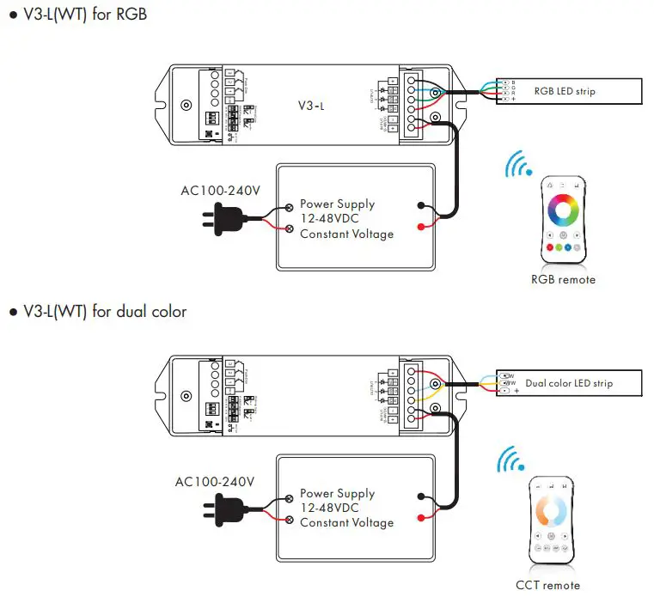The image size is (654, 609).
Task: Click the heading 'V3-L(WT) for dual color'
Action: point(103,311)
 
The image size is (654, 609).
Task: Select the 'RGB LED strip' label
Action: point(564,90)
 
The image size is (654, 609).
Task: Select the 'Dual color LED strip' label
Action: point(568,383)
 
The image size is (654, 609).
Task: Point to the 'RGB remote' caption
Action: point(563,280)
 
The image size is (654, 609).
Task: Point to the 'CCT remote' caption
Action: point(547,585)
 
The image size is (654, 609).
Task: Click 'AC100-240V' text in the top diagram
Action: point(219,191)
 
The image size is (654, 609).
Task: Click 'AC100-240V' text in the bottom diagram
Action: point(215,482)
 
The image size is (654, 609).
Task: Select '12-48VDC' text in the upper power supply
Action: point(332,219)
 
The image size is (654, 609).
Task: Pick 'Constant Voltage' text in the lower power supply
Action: point(346,522)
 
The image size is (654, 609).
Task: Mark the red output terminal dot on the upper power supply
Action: point(419,228)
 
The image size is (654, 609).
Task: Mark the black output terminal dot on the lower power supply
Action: point(419,496)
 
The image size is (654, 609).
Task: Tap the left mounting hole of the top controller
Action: point(186,106)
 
